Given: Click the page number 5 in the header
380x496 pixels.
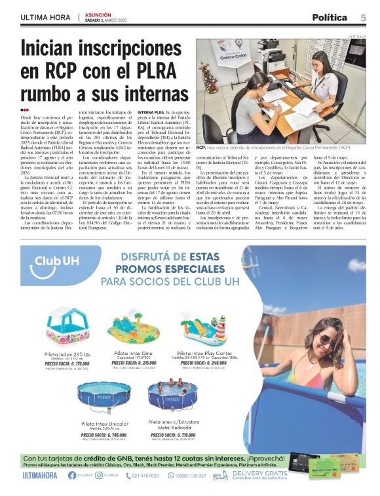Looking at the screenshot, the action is [x=363, y=17].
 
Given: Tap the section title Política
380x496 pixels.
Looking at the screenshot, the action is [x=330, y=17].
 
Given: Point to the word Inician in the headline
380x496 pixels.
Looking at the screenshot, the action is [x=57, y=49].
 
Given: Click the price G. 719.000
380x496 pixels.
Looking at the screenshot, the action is [x=172, y=434].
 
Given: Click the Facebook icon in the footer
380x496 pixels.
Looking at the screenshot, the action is [x=72, y=476].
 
